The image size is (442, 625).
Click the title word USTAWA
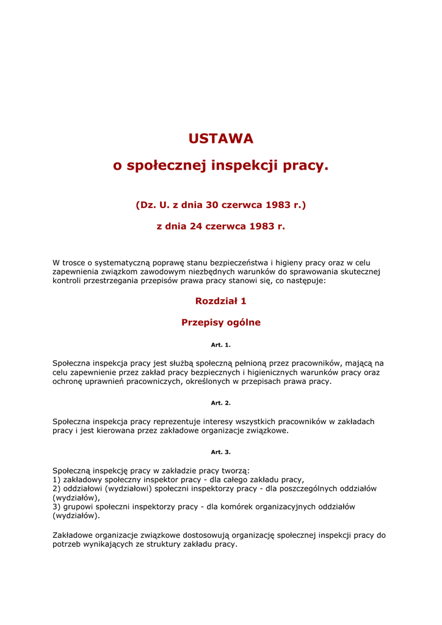click(x=221, y=139)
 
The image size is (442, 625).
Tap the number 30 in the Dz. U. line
click(x=212, y=205)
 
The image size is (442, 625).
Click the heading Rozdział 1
click(x=221, y=301)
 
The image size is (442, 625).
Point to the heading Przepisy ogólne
click(x=221, y=322)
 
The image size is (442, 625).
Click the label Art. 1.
click(x=221, y=345)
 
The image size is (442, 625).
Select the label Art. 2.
click(x=221, y=403)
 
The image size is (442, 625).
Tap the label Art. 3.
click(x=221, y=452)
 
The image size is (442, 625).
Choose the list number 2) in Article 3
click(x=56, y=488)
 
